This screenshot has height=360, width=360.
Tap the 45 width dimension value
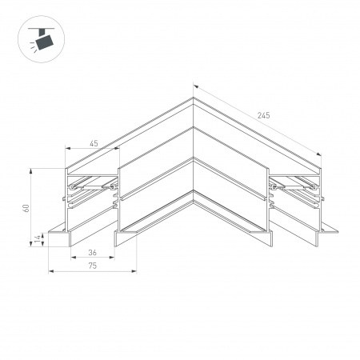pyautogui.click(x=93, y=143)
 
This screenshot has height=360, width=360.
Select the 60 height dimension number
pyautogui.click(x=27, y=208)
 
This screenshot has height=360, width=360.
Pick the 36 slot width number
pyautogui.click(x=93, y=253)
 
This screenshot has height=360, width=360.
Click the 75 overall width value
pyautogui.click(x=93, y=266)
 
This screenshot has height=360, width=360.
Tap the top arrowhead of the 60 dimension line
pyautogui.click(x=33, y=170)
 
